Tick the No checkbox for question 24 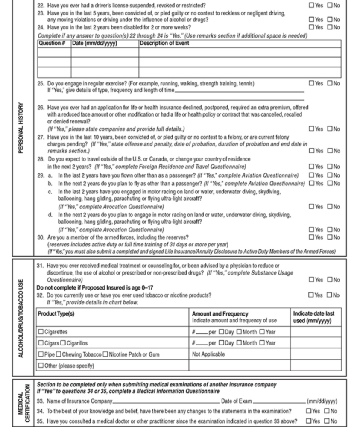330,28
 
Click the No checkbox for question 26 330,129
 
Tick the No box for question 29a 330,175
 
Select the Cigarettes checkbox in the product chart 41,332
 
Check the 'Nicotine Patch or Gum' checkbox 111,354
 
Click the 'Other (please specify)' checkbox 41,366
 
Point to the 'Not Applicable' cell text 208,354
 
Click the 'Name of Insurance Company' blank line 167,402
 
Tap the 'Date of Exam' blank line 279,402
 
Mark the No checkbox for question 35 327,421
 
